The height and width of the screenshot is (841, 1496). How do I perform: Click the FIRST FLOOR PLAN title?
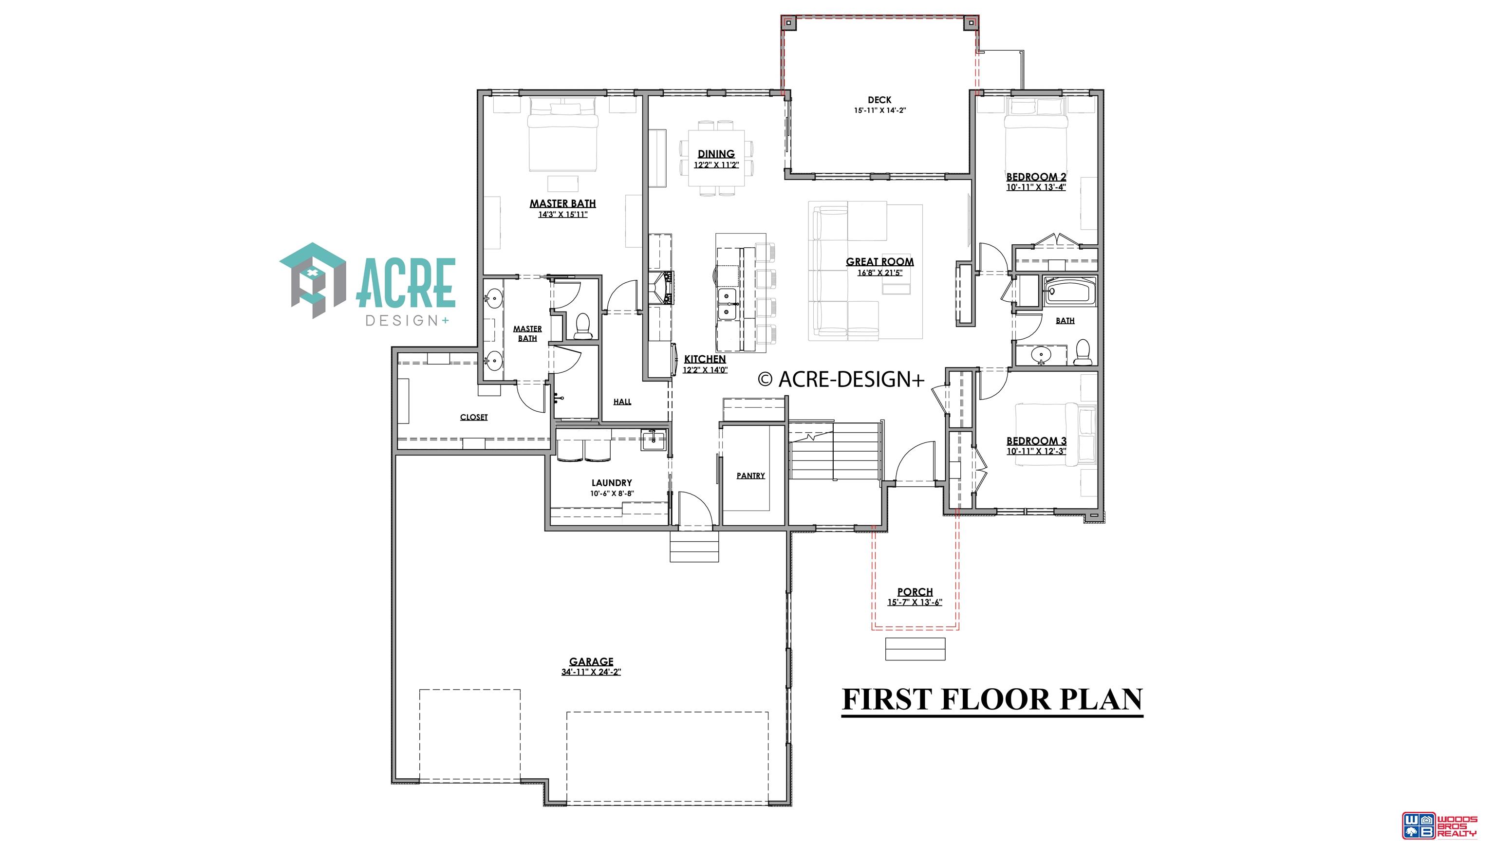point(992,699)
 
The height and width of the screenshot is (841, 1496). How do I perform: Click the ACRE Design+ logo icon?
point(314,280)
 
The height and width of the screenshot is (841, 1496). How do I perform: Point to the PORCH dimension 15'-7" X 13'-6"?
point(915,603)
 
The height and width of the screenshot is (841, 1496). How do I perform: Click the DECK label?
point(879,100)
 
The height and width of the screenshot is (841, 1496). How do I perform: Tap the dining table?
point(717,158)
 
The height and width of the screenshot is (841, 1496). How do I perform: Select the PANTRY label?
point(750,475)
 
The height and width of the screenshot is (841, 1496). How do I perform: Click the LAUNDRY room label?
point(612,483)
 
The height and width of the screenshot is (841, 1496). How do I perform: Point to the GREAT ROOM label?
point(880,262)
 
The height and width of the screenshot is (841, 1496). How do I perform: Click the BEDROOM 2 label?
point(1036,177)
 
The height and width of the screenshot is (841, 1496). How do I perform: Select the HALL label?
point(622,402)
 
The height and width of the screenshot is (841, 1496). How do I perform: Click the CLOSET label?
point(474,417)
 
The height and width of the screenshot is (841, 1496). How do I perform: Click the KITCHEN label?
point(705,359)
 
